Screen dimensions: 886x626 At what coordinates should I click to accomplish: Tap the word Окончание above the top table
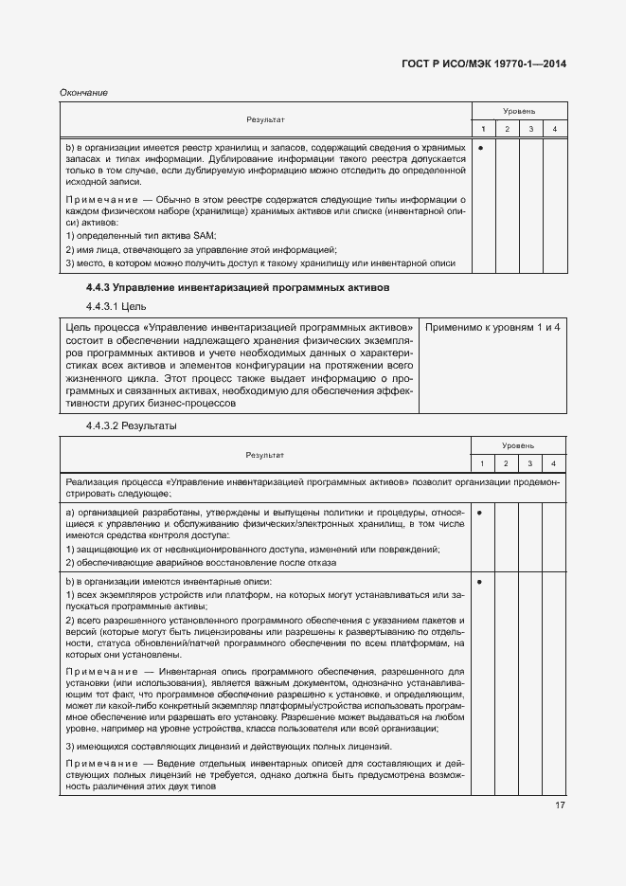click(x=83, y=93)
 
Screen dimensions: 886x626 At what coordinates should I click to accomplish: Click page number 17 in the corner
click(x=559, y=805)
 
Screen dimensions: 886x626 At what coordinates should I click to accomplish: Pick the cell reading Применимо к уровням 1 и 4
click(x=492, y=327)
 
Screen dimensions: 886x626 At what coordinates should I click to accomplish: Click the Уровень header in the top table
click(x=518, y=111)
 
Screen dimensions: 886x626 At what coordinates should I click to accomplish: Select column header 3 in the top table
click(x=530, y=129)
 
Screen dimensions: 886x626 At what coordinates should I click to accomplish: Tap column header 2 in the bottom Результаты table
click(x=507, y=462)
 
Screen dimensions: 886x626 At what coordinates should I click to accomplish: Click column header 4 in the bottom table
click(x=555, y=462)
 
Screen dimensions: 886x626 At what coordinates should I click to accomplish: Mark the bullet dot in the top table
click(x=482, y=148)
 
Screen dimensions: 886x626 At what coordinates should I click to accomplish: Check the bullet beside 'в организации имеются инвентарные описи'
click(x=482, y=581)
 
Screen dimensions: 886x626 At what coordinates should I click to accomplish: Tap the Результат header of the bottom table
click(x=265, y=455)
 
